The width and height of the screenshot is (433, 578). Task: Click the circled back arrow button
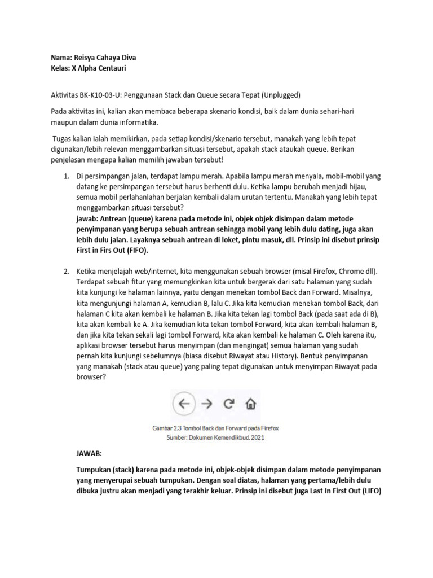pos(183,403)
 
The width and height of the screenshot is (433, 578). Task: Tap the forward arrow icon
pos(206,403)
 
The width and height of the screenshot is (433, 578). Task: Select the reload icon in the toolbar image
pos(228,403)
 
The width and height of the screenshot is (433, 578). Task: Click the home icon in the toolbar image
pos(250,404)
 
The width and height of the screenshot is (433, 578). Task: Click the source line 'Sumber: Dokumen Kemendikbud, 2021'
pos(215,436)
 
